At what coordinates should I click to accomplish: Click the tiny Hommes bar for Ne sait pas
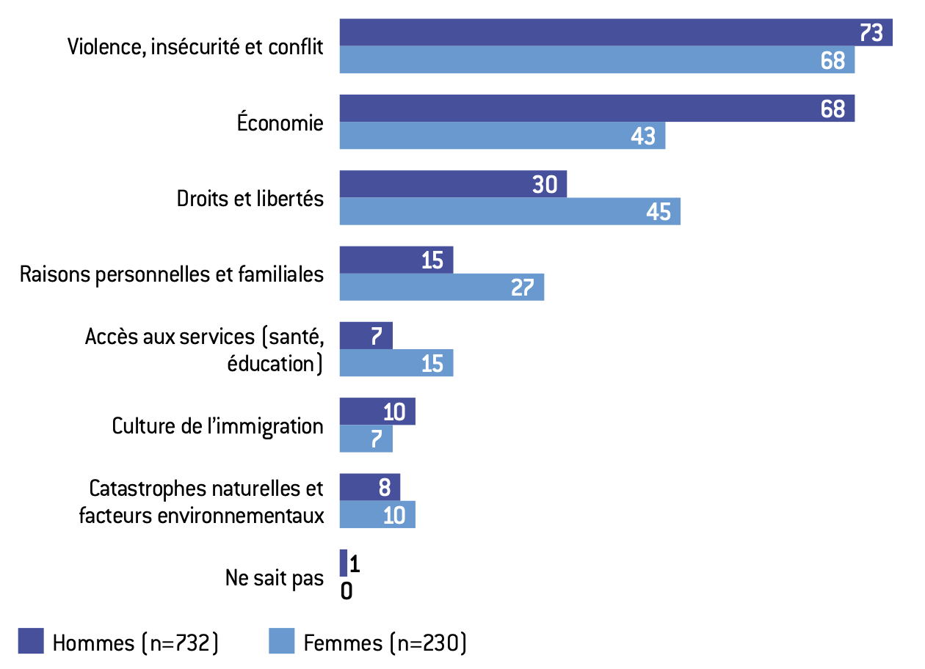tap(343, 563)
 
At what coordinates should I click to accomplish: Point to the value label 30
tap(545, 185)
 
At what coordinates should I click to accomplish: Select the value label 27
tap(522, 288)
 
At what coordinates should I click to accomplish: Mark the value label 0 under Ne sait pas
tap(347, 591)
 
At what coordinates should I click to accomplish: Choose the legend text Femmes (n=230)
tap(385, 643)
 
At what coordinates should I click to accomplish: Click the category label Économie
tap(280, 123)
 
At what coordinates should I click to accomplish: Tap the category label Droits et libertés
tap(250, 198)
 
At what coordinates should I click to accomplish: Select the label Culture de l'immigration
tap(217, 425)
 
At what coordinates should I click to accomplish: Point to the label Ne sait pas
tap(274, 577)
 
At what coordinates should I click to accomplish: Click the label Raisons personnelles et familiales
tap(172, 274)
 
